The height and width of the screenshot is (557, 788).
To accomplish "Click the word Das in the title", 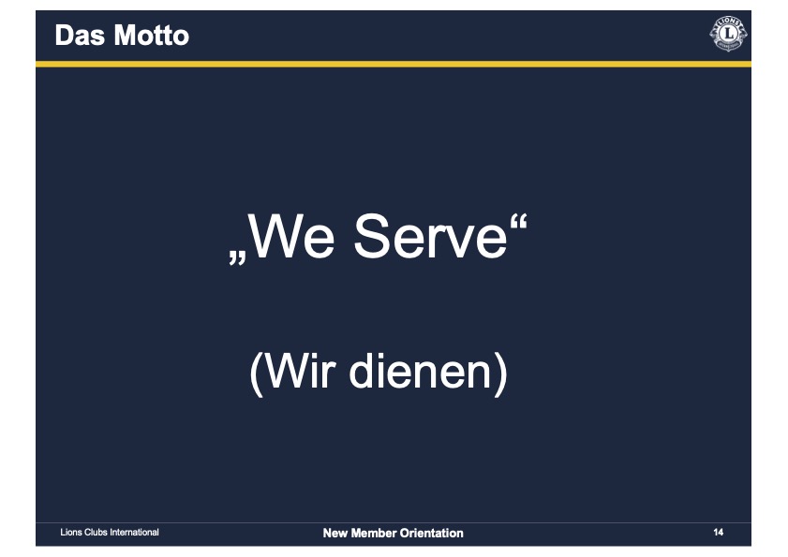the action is click(80, 36).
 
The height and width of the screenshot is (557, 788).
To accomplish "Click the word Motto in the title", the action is click(151, 36).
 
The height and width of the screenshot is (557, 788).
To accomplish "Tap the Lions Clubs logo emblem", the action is click(728, 34).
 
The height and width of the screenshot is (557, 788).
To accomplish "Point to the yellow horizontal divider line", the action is click(394, 65).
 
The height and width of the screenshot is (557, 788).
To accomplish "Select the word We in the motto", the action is click(291, 236).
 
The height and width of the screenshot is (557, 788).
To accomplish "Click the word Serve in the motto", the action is click(430, 236).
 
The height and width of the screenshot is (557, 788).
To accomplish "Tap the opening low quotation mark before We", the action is click(237, 258).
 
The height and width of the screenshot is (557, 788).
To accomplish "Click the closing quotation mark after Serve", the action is click(519, 222).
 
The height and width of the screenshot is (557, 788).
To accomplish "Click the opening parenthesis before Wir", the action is click(257, 374).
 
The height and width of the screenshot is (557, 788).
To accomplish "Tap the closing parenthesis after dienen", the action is click(500, 374).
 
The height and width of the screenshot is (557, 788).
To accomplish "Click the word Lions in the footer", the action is click(71, 533).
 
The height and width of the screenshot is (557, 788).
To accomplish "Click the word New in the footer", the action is click(335, 534).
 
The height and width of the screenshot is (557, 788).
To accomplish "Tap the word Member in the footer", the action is click(374, 534).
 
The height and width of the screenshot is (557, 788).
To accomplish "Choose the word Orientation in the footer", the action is click(431, 534).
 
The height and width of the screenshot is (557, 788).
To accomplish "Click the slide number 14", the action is click(718, 533).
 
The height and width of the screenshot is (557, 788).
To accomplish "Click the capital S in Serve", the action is click(371, 236).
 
